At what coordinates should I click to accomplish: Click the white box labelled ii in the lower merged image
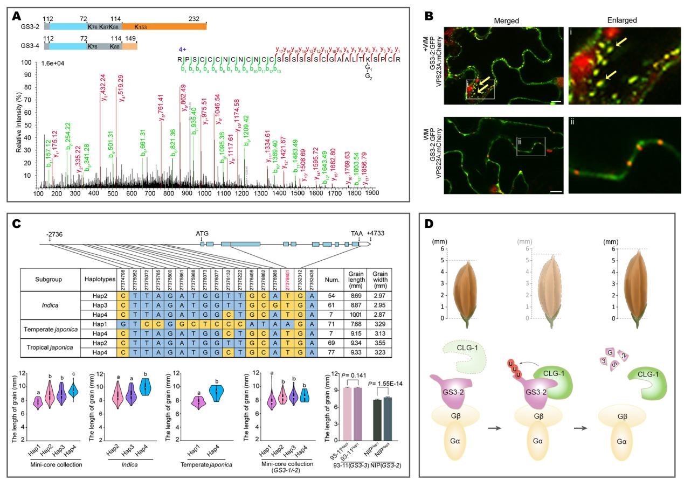(530, 145)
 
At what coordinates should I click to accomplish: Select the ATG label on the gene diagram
(202, 233)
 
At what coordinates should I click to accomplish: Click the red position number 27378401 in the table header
(288, 279)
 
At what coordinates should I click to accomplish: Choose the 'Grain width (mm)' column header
(377, 279)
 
